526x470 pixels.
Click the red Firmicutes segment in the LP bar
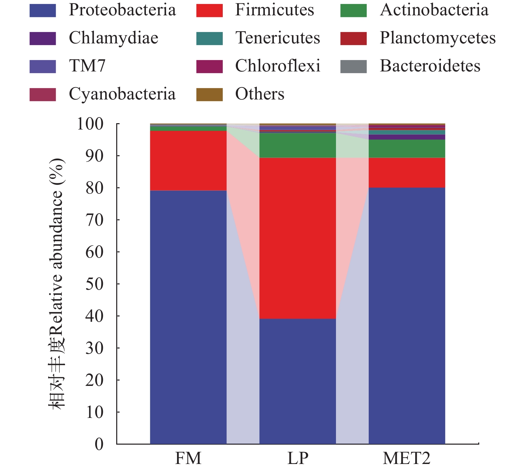pos(298,238)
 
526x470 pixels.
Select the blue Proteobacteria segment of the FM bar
pos(188,317)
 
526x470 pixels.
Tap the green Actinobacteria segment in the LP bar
pos(298,145)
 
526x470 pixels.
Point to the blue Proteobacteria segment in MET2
pos(407,315)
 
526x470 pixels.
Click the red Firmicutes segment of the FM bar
pos(188,161)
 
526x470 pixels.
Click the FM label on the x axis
pos(188,458)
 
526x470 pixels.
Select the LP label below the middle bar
pos(298,458)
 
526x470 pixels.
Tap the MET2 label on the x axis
pos(406,458)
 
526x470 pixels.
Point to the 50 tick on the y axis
pos(94,284)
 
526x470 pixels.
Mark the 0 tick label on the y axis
pos(99,444)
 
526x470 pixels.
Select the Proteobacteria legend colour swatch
pos(42,10)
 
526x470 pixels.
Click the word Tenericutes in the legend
pos(278,38)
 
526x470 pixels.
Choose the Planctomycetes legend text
pos(437,38)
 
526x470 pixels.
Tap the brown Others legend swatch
pos(209,94)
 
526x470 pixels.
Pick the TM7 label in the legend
pos(87,66)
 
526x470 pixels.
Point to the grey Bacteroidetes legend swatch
pos(353,66)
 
